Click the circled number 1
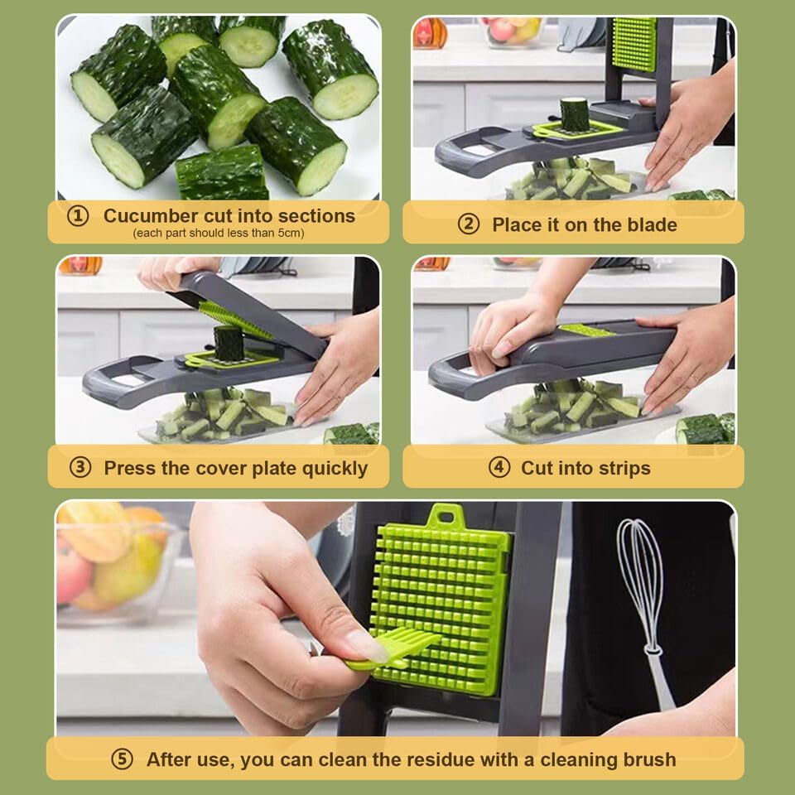tap(78, 216)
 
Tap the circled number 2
tap(469, 224)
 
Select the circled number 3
tap(79, 468)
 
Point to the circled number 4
tap(499, 468)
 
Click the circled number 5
tap(122, 759)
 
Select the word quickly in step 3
tap(334, 468)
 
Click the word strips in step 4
tap(623, 468)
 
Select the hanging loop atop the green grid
tap(446, 514)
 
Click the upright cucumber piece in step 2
tap(574, 114)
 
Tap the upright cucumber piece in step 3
tap(229, 342)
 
